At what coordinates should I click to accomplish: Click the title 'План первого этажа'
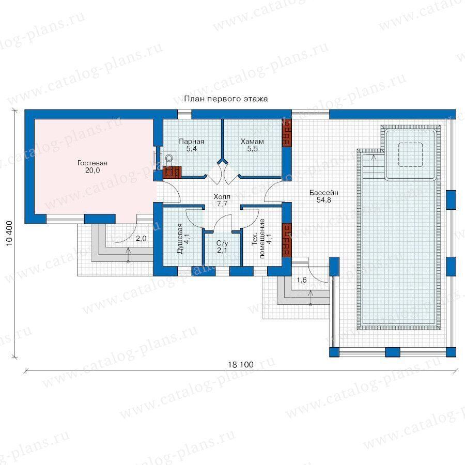(x=226, y=99)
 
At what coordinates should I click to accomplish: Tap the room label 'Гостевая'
(x=92, y=163)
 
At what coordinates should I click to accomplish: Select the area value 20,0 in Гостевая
(x=93, y=170)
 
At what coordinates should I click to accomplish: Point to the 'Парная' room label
(x=192, y=142)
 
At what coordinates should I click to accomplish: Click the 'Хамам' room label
(x=252, y=142)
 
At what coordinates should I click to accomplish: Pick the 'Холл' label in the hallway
(x=222, y=196)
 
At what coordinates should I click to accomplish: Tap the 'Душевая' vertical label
(x=180, y=238)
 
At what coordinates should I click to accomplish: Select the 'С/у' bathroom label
(x=222, y=243)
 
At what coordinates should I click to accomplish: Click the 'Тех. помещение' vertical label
(x=258, y=238)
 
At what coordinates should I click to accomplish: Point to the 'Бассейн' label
(x=324, y=193)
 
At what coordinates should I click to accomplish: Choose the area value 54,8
(x=324, y=200)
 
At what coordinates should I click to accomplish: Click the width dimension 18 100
(x=240, y=364)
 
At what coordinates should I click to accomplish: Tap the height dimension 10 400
(x=9, y=234)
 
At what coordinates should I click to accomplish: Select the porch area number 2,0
(x=141, y=238)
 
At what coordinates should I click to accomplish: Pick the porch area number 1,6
(x=302, y=280)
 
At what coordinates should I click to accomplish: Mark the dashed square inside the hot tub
(x=410, y=154)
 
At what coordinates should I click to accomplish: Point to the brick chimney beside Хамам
(x=286, y=133)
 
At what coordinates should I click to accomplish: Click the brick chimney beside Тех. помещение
(x=286, y=240)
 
